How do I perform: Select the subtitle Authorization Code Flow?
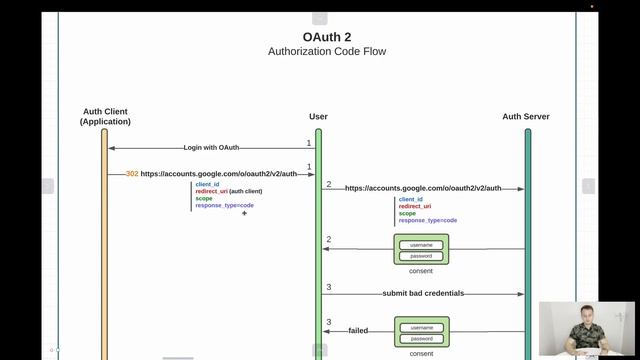pyautogui.click(x=326, y=51)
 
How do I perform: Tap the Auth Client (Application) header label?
pyautogui.click(x=105, y=116)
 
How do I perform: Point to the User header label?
pyautogui.click(x=319, y=117)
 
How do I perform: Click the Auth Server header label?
pyautogui.click(x=526, y=117)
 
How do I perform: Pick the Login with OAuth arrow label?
pyautogui.click(x=211, y=147)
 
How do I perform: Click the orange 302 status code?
pyautogui.click(x=132, y=173)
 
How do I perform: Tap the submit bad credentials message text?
pyautogui.click(x=422, y=293)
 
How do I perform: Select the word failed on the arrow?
pyautogui.click(x=358, y=330)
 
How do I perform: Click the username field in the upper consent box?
pyautogui.click(x=421, y=244)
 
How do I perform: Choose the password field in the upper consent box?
pyautogui.click(x=421, y=256)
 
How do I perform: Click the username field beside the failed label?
pyautogui.click(x=421, y=327)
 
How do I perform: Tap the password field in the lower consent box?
pyautogui.click(x=421, y=339)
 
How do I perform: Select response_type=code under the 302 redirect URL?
pyautogui.click(x=224, y=205)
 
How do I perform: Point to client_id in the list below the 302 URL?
pyautogui.click(x=207, y=184)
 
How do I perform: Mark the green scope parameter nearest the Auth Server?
pyautogui.click(x=407, y=213)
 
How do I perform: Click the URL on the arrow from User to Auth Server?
pyautogui.click(x=422, y=187)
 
